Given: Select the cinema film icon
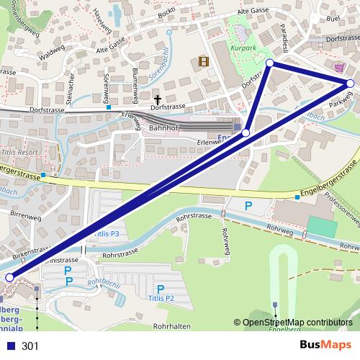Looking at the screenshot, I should (x=204, y=62).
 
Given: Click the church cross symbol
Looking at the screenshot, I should (x=158, y=98).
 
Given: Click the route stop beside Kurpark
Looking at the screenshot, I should (x=270, y=63).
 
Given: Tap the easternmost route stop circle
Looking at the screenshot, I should (x=351, y=84).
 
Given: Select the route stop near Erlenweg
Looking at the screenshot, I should (x=246, y=133).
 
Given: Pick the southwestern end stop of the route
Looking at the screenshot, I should (x=9, y=277).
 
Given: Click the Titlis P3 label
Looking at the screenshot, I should (x=107, y=235).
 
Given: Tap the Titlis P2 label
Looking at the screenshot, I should (x=161, y=298).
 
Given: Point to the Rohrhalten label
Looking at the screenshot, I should (x=171, y=326).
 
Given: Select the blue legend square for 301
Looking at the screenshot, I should (x=9, y=346).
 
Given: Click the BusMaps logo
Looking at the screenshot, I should (x=326, y=345).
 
